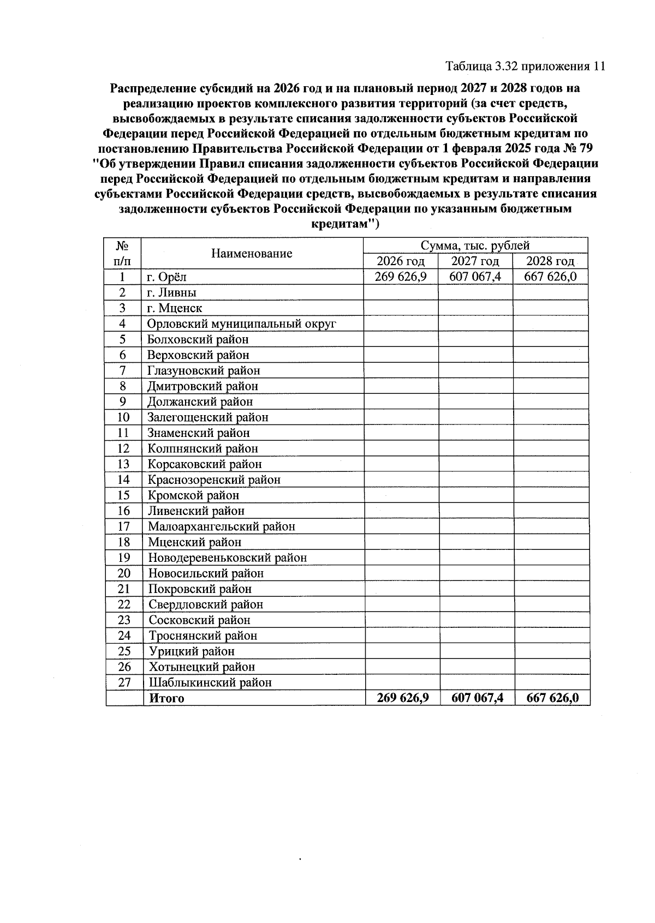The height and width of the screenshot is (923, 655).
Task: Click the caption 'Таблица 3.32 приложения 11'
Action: pos(525,67)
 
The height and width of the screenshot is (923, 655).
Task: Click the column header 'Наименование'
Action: pos(252,253)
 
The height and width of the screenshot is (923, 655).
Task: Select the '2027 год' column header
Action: pos(475,261)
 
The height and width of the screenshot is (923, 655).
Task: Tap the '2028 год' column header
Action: pos(550,261)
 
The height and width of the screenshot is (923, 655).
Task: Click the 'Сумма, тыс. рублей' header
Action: pos(475,245)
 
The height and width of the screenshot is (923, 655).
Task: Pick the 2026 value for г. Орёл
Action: pos(401,277)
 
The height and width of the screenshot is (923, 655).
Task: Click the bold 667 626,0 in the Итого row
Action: pos(552,698)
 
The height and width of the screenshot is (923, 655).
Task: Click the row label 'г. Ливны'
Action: pos(172,292)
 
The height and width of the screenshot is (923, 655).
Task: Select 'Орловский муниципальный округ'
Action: pos(241,323)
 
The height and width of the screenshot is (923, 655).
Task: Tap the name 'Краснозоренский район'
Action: pos(214,480)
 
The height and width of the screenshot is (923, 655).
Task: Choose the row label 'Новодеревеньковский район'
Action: pos(227,558)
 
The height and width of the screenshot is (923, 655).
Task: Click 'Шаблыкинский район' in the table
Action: pos(210,682)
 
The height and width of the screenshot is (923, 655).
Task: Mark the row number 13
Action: pos(124,464)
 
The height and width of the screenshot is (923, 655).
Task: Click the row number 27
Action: pos(124,682)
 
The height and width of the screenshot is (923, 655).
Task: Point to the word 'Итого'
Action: pos(167,698)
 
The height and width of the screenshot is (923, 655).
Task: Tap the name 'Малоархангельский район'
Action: pos(221,526)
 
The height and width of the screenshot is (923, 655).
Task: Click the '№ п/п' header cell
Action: pos(123,253)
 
